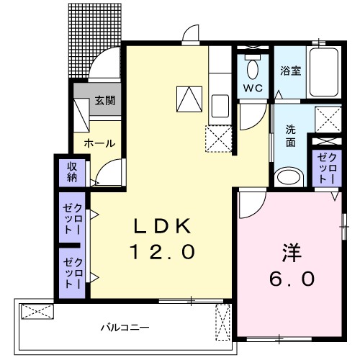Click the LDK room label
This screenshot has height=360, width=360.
coord(162,226)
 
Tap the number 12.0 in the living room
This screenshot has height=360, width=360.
coord(162,252)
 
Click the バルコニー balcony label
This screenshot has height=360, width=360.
coord(125,328)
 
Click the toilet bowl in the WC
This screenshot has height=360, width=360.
coord(252,69)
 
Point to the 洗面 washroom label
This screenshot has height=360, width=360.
coord(291,136)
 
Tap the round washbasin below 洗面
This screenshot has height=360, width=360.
coord(290,176)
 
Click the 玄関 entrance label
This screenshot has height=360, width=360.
coord(105,101)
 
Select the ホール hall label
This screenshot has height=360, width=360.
coord(99,143)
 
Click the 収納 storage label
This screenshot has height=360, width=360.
coord(72,172)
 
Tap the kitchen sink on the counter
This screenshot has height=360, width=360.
coord(220,108)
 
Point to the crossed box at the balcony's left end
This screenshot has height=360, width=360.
coord(37,312)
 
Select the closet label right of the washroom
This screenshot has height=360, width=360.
coord(327,168)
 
